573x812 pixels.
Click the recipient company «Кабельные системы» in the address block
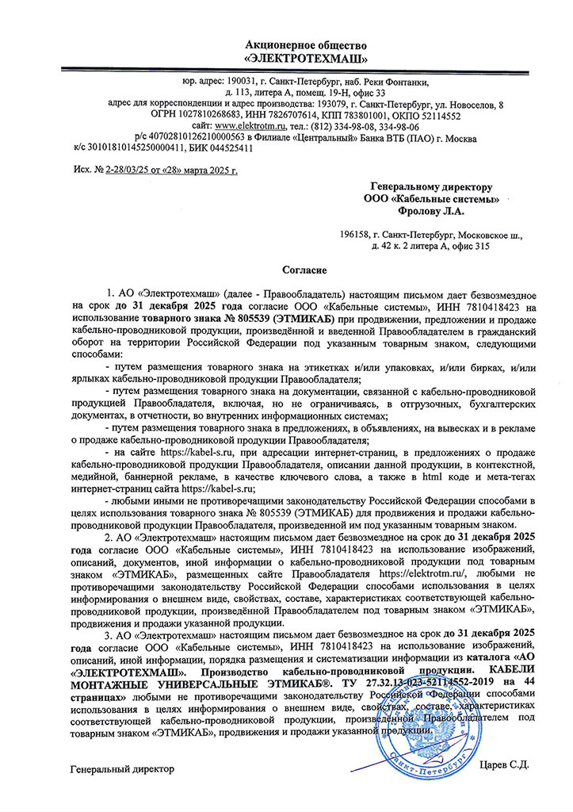pos(441,198)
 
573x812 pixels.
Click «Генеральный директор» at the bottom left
pos(121,769)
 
